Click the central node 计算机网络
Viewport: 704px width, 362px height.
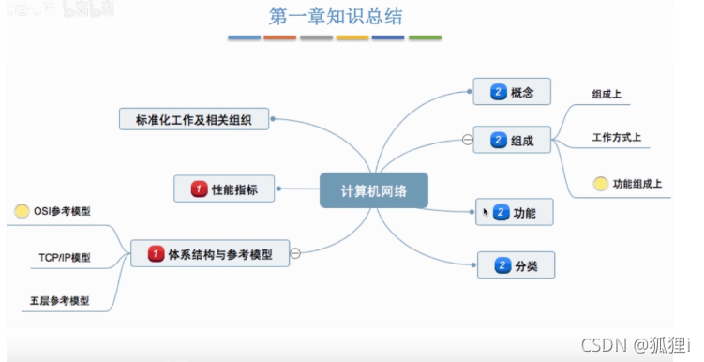coord(373,189)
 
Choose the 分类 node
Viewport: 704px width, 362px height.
coord(515,265)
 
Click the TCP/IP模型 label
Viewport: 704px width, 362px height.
coord(65,256)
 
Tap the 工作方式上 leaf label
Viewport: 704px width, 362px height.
coord(616,139)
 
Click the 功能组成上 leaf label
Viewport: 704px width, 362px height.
coord(637,184)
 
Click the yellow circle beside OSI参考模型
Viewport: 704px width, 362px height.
coord(22,212)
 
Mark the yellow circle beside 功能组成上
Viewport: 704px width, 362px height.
coord(600,184)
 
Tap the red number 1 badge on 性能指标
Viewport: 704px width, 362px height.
coord(199,189)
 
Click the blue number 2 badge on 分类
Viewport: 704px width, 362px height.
coord(501,265)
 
